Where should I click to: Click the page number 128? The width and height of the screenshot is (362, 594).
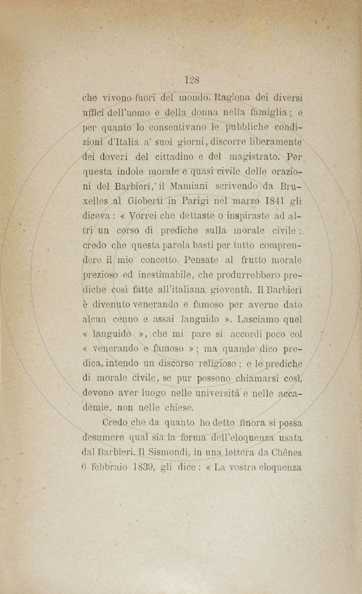pos(192,80)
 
